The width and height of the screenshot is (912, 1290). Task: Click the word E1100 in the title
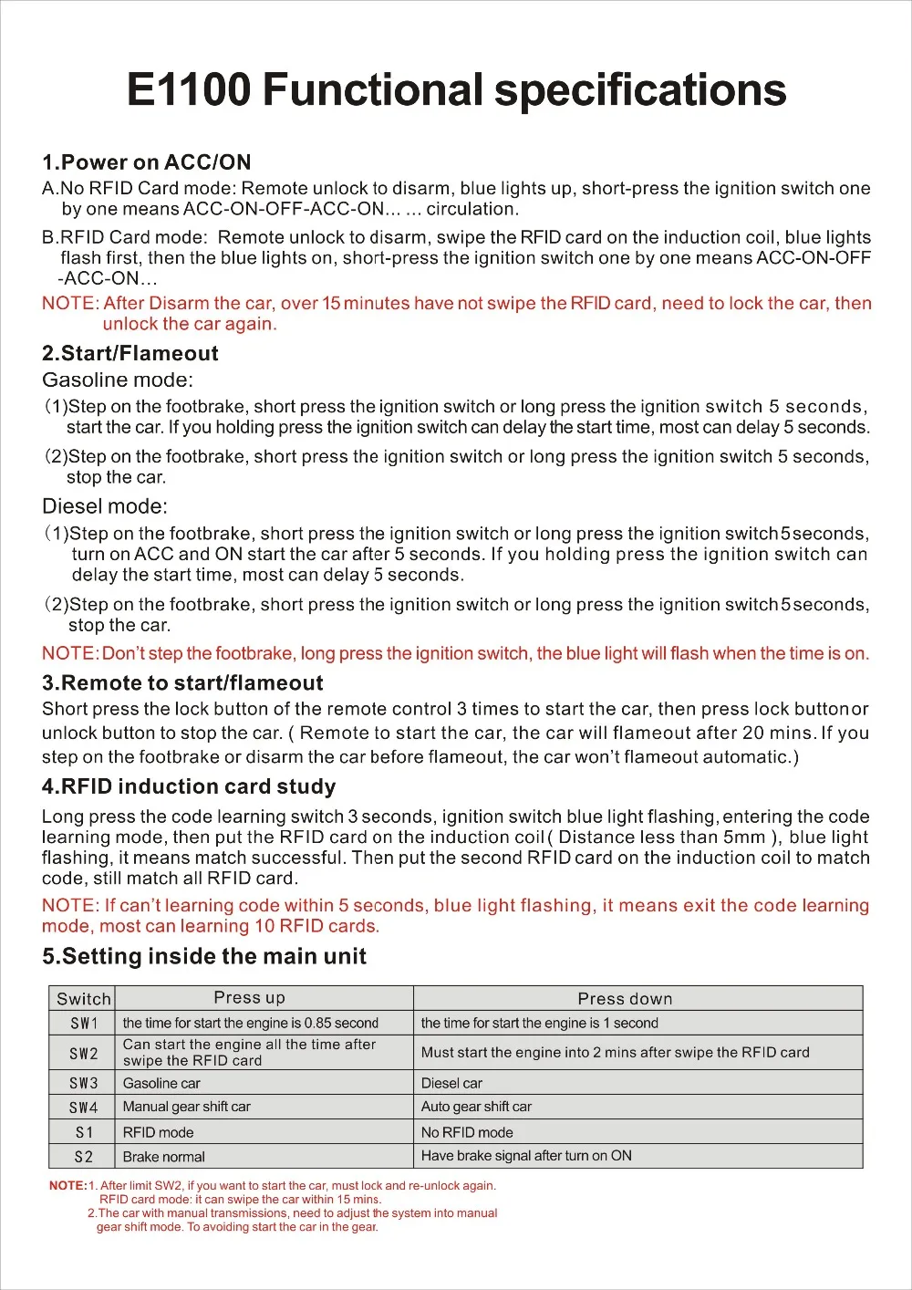coord(188,90)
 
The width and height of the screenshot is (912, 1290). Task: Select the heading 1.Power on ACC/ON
coord(146,162)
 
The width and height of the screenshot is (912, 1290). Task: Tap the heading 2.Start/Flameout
coord(130,353)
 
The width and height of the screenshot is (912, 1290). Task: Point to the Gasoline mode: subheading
coord(118,380)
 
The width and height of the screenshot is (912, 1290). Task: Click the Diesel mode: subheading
coord(105,506)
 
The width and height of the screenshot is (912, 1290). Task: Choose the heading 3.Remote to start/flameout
coord(182,682)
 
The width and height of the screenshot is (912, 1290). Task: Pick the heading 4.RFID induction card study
coord(189,786)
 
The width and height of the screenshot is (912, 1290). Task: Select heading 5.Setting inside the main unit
coord(204,956)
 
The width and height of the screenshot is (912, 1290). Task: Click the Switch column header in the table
coord(84,999)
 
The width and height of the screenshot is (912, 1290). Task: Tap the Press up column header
coord(249,998)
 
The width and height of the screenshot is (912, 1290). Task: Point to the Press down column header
coord(625,999)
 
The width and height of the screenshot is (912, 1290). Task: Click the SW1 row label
coord(84,1024)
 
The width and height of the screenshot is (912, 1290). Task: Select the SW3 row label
coord(84,1083)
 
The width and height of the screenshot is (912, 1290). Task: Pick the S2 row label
coord(84,1157)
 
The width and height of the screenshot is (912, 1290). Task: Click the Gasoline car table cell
coord(161,1084)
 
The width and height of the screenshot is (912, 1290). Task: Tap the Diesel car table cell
coord(451,1084)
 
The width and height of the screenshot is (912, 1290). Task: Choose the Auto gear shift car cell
coord(476,1107)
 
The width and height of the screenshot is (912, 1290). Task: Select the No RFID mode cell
coord(467,1132)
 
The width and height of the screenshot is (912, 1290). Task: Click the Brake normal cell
coord(164,1157)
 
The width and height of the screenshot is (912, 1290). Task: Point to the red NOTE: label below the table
coord(67,1186)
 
